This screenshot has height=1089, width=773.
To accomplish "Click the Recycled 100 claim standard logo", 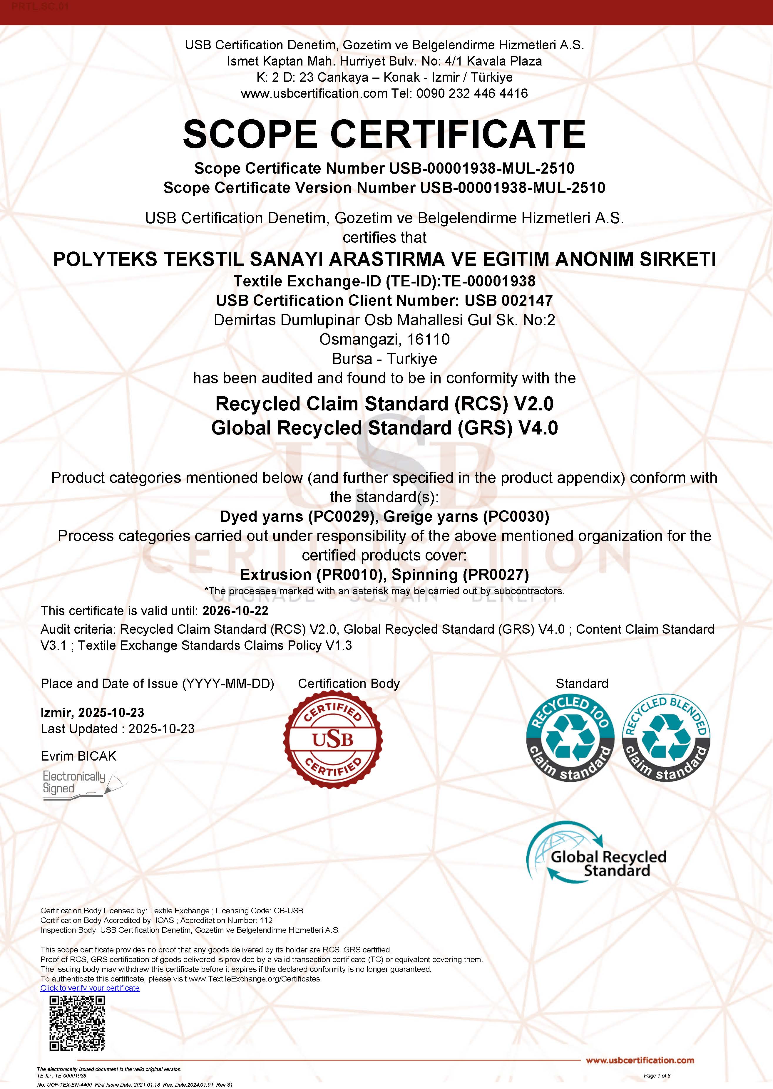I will [570, 738].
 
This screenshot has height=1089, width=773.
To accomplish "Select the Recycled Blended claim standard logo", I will [666, 738].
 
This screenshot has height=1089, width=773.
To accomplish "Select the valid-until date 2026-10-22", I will [235, 611].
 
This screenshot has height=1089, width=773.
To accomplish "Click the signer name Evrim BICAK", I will [78, 756].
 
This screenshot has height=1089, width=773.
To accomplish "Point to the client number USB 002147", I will [508, 301].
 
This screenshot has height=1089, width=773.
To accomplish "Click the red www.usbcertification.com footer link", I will [640, 1061].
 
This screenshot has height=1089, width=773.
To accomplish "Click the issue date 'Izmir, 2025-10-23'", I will [92, 713].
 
